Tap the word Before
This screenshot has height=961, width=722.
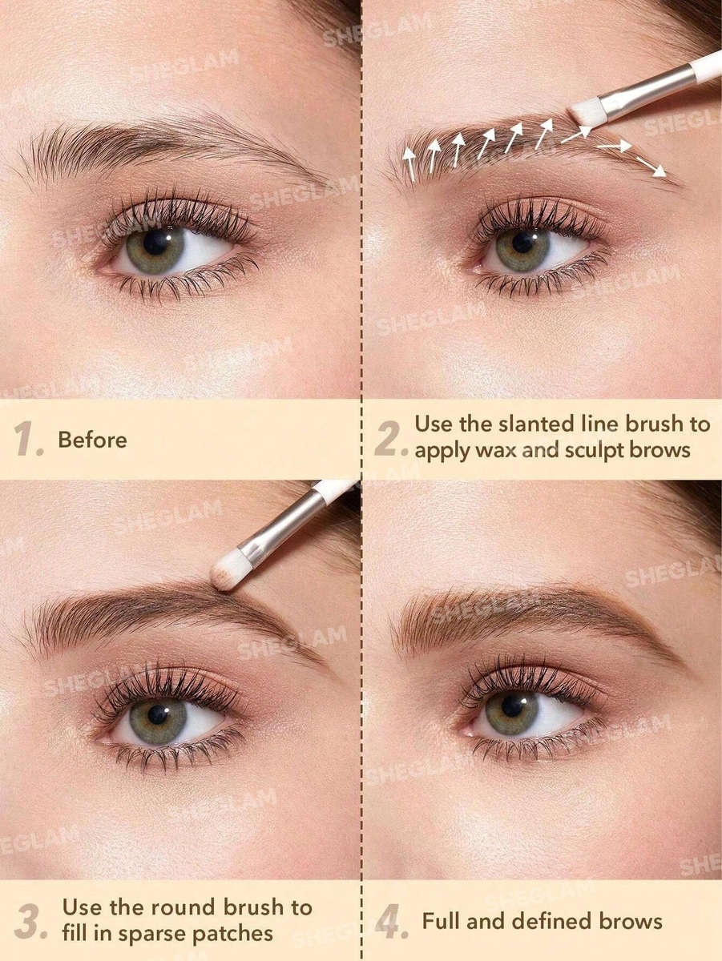(x=92, y=440)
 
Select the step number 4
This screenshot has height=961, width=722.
(x=391, y=923)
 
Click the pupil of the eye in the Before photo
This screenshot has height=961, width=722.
(x=155, y=242)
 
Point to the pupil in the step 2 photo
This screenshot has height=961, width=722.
(x=522, y=240)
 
